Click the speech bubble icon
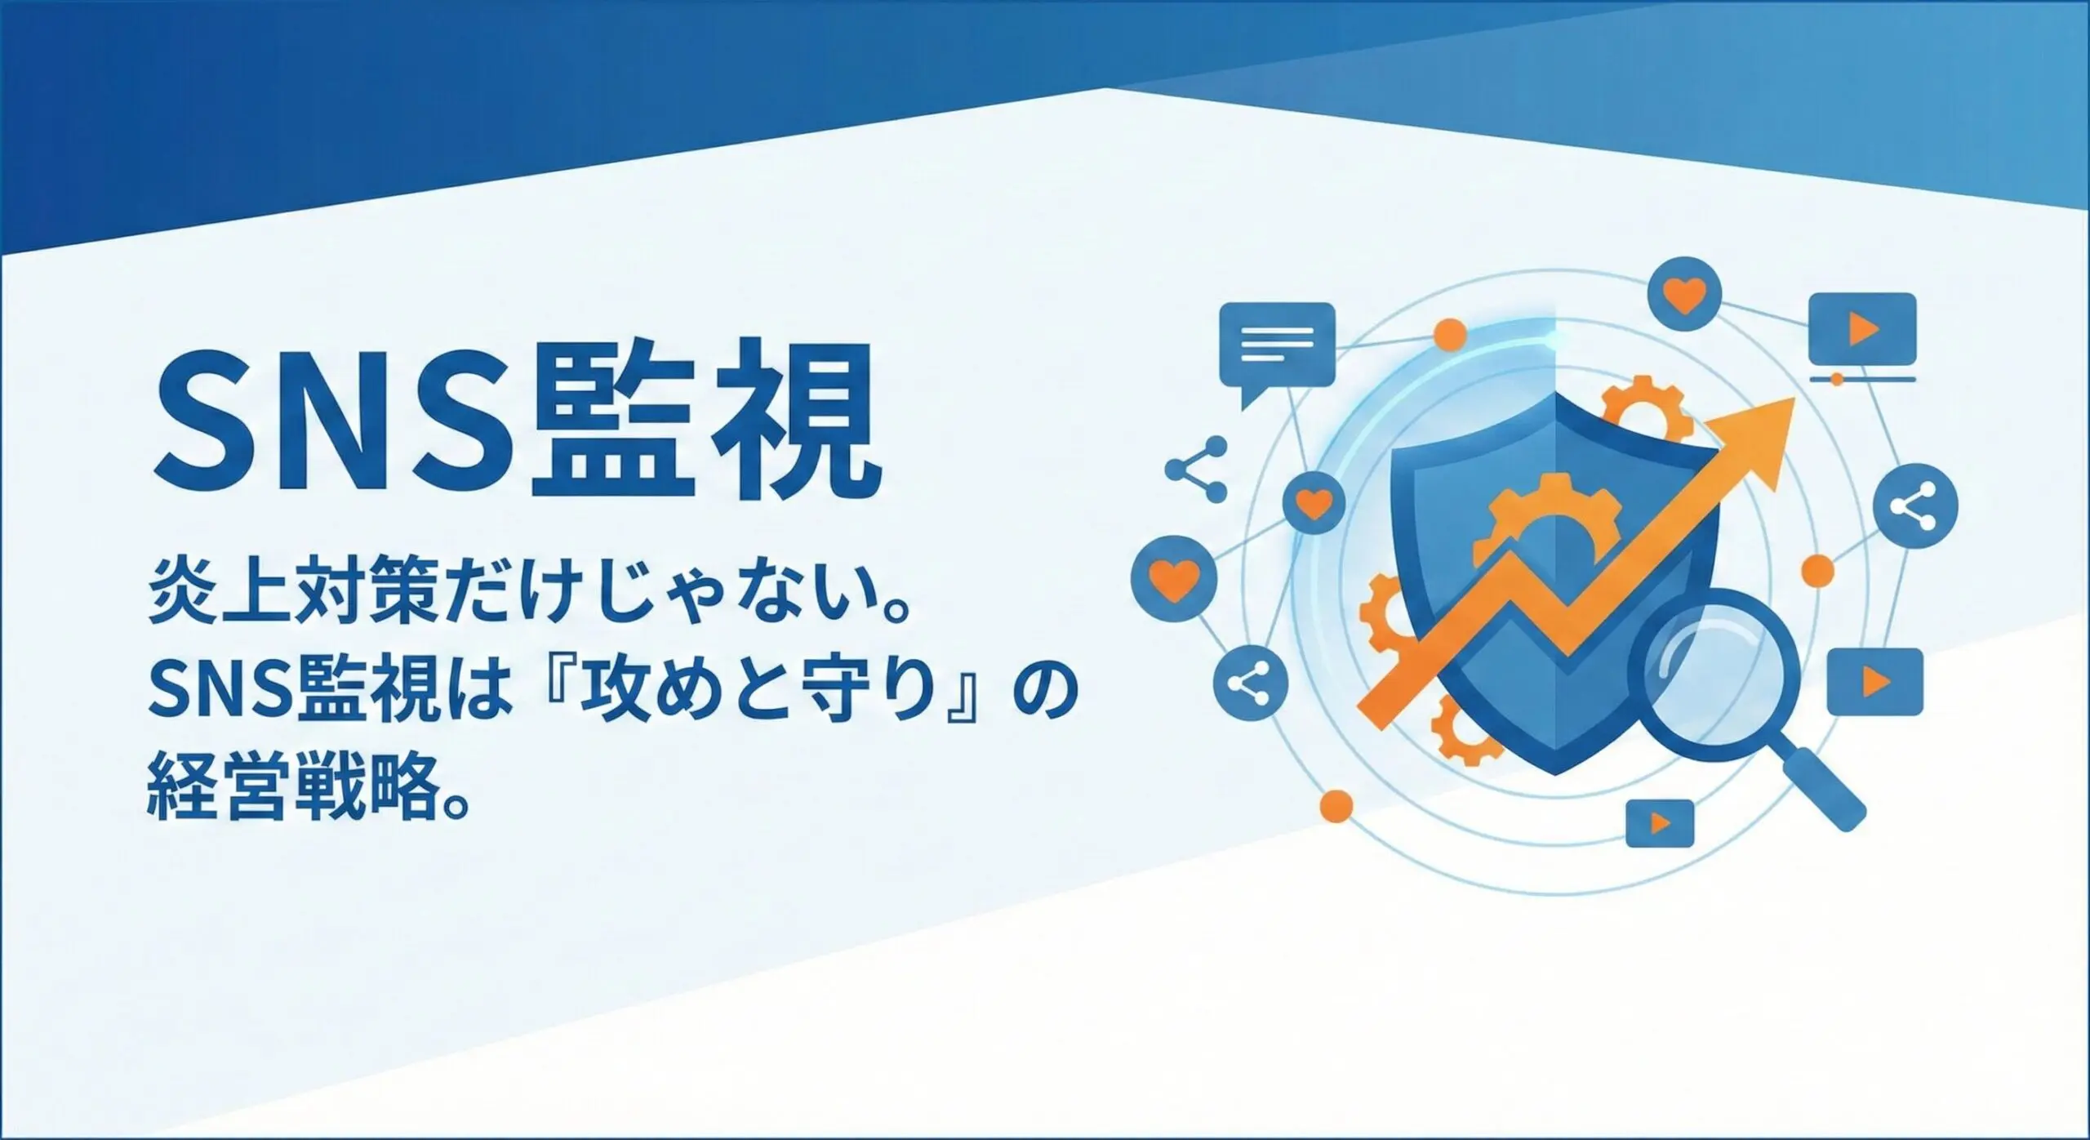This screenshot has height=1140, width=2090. coord(1277,349)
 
